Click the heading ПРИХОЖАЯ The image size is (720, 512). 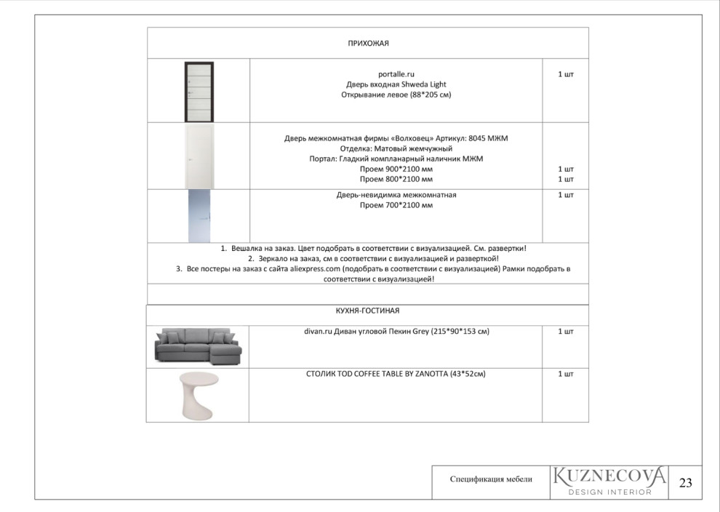pyautogui.click(x=368, y=44)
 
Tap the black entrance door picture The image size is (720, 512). pyautogui.click(x=199, y=92)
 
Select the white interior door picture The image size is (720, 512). pyautogui.click(x=199, y=156)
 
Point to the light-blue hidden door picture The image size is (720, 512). pyautogui.click(x=199, y=216)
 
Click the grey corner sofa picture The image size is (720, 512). pyautogui.click(x=197, y=345)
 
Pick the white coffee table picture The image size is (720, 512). pyautogui.click(x=197, y=395)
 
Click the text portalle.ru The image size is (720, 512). pyautogui.click(x=396, y=74)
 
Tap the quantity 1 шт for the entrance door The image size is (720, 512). pyautogui.click(x=565, y=74)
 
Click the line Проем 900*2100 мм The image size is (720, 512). pyautogui.click(x=396, y=169)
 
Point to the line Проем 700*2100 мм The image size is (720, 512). pyautogui.click(x=396, y=206)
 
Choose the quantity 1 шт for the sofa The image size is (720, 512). pyautogui.click(x=565, y=332)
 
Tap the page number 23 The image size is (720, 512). pyautogui.click(x=685, y=482)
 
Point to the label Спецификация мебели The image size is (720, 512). pyautogui.click(x=491, y=479)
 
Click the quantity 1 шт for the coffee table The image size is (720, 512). pyautogui.click(x=565, y=374)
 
